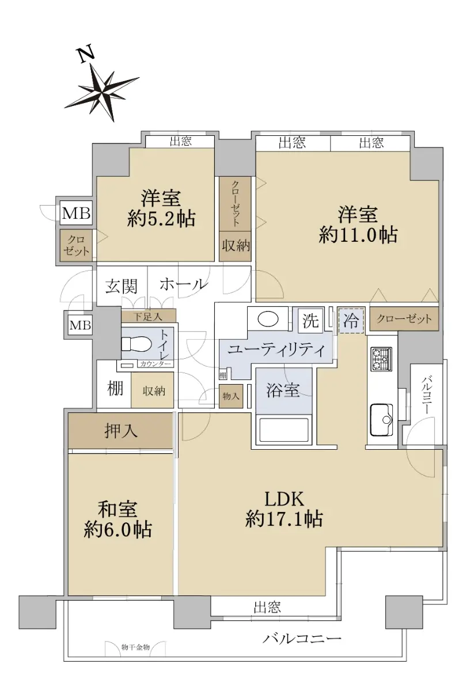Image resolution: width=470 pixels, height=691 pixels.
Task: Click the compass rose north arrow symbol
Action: click(x=103, y=93)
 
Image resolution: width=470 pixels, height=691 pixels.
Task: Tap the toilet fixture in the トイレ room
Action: click(x=136, y=343)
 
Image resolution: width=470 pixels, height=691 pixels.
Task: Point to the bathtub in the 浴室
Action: click(x=283, y=430)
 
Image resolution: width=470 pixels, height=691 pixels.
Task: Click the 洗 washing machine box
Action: click(x=310, y=321)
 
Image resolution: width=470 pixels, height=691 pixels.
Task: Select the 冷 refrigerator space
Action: click(x=351, y=321)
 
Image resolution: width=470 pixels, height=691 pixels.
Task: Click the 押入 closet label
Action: click(x=120, y=430)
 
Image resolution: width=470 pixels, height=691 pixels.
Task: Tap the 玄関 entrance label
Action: click(x=122, y=287)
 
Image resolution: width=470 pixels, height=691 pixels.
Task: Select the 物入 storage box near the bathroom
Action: click(x=231, y=396)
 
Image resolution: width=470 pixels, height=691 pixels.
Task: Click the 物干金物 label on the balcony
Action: click(x=135, y=647)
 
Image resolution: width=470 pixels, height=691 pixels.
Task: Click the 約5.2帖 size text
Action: click(x=161, y=219)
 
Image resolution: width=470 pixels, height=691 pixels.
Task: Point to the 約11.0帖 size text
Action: click(x=358, y=236)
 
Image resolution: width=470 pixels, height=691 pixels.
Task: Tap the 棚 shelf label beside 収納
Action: click(x=115, y=389)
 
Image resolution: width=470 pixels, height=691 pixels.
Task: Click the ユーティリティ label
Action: click(x=276, y=350)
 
